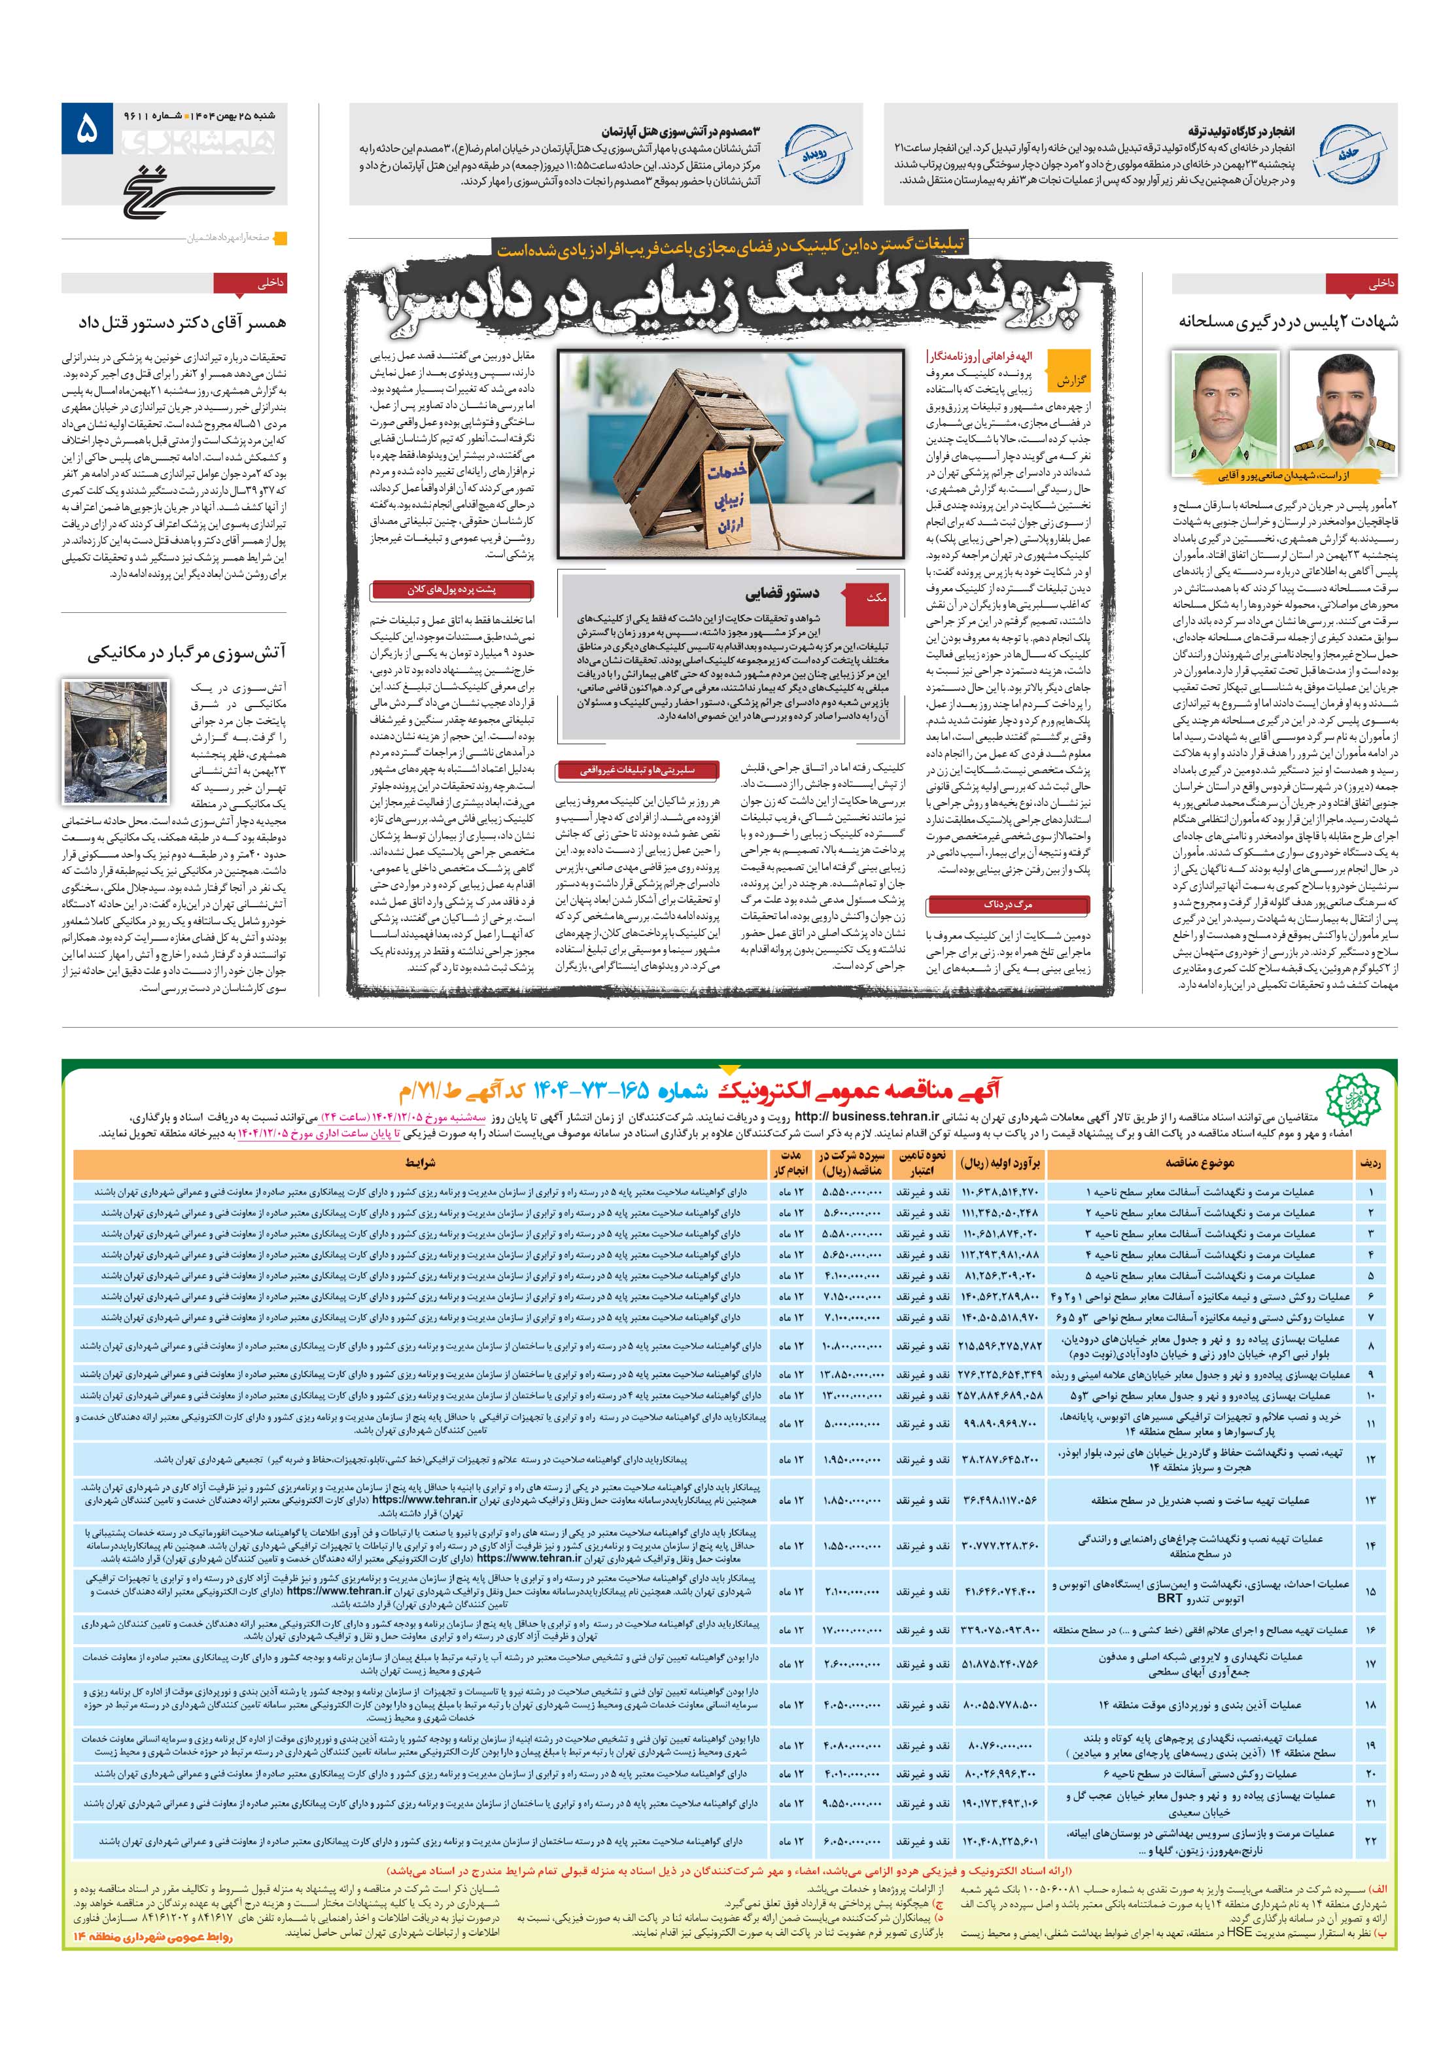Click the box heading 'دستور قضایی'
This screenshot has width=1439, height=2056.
[781, 594]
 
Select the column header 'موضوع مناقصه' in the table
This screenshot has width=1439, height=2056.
[1200, 1163]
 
